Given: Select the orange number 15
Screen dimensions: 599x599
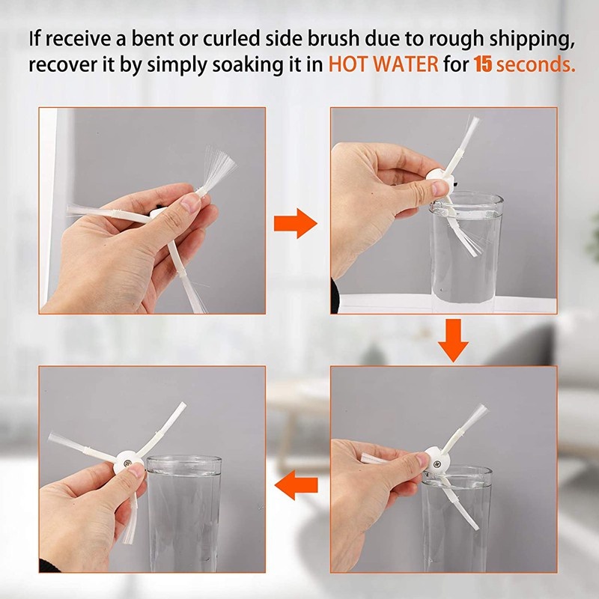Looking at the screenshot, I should (x=483, y=64).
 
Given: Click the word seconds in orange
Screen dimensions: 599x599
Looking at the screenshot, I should (x=535, y=64).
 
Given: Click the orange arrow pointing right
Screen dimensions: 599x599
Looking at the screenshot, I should (x=297, y=222).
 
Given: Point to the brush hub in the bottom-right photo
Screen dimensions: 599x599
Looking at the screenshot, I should (x=438, y=460).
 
